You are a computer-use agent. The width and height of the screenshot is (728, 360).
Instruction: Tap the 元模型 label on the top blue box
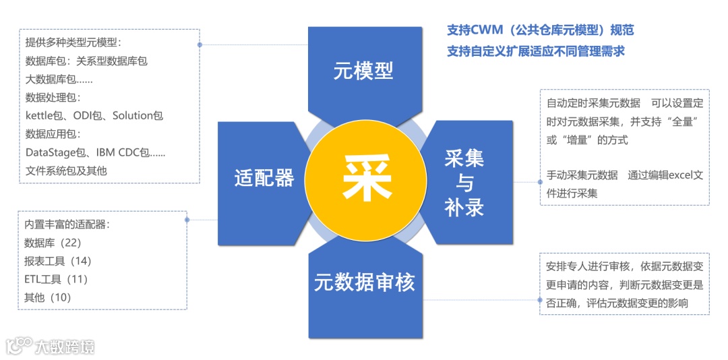[x=363, y=71]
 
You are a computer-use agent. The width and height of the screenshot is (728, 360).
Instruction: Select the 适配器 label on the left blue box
[x=264, y=178]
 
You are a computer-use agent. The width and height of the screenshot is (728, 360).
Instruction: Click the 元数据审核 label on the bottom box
[x=364, y=282]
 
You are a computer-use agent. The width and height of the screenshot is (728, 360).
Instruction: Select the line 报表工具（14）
[x=57, y=261]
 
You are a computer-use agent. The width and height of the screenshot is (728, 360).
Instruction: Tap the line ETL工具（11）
[x=56, y=279]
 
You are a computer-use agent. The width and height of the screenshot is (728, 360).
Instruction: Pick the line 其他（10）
[x=47, y=297]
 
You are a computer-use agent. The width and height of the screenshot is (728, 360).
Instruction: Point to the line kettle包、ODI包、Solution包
[x=94, y=115]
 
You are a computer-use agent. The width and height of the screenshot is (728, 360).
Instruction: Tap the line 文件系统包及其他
[x=66, y=171]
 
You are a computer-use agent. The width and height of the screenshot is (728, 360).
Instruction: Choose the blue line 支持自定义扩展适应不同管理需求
[x=536, y=51]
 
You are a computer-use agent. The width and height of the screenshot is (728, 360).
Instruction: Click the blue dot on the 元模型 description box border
[x=200, y=45]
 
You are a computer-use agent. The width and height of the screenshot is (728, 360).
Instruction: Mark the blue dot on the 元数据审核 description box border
[x=540, y=299]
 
